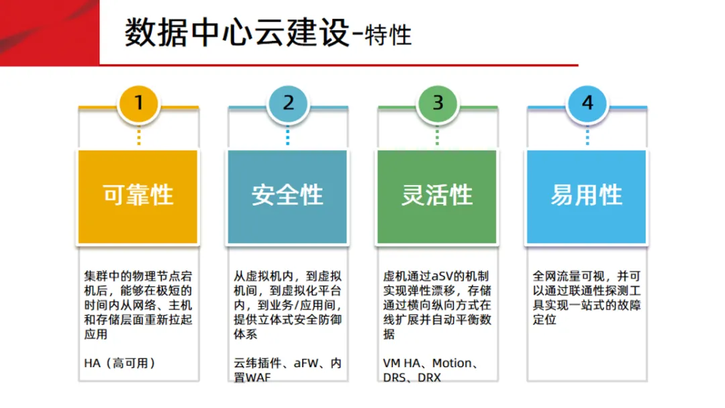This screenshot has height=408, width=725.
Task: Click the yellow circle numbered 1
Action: click(139, 103)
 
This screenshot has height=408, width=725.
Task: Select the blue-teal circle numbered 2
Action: click(289, 103)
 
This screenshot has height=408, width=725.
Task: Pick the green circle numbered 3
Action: click(438, 103)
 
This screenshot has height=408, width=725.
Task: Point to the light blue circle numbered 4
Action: click(587, 103)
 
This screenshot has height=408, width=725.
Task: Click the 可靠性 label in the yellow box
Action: click(138, 195)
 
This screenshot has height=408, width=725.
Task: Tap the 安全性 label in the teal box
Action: click(287, 195)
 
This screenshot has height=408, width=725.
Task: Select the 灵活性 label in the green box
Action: click(437, 195)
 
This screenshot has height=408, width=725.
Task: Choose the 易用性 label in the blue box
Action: click(587, 195)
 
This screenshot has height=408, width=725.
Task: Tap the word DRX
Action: click(429, 378)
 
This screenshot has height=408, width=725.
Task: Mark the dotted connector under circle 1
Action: click(139, 136)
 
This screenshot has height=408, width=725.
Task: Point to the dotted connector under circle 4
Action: click(587, 136)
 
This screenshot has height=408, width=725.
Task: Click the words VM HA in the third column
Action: click(401, 363)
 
